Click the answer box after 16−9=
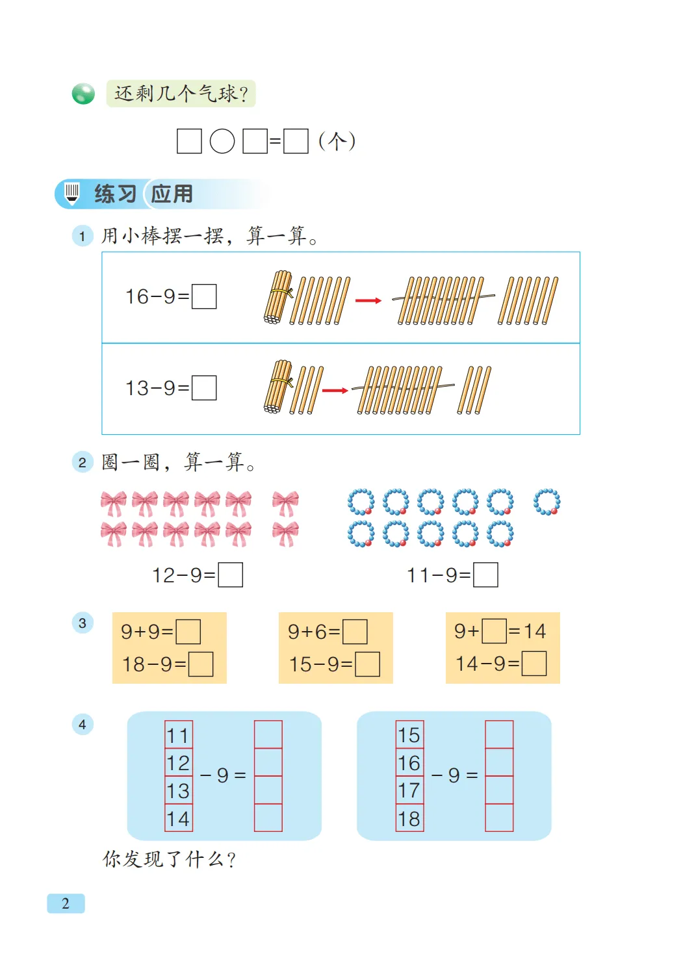click(204, 296)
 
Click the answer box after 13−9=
click(204, 388)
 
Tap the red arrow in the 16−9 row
click(368, 300)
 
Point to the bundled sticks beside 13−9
click(279, 387)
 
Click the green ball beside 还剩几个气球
click(83, 94)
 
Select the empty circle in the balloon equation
click(222, 141)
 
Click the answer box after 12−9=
click(231, 575)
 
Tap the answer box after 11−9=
click(486, 575)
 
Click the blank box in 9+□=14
click(495, 631)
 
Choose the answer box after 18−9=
click(201, 664)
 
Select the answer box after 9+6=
click(355, 632)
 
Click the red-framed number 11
click(178, 735)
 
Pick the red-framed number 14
click(178, 818)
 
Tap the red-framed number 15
click(409, 735)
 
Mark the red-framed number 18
click(409, 818)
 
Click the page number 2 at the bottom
click(66, 903)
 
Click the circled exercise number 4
click(83, 724)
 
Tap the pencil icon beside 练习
click(72, 193)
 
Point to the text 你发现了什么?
click(169, 860)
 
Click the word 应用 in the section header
click(172, 194)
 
